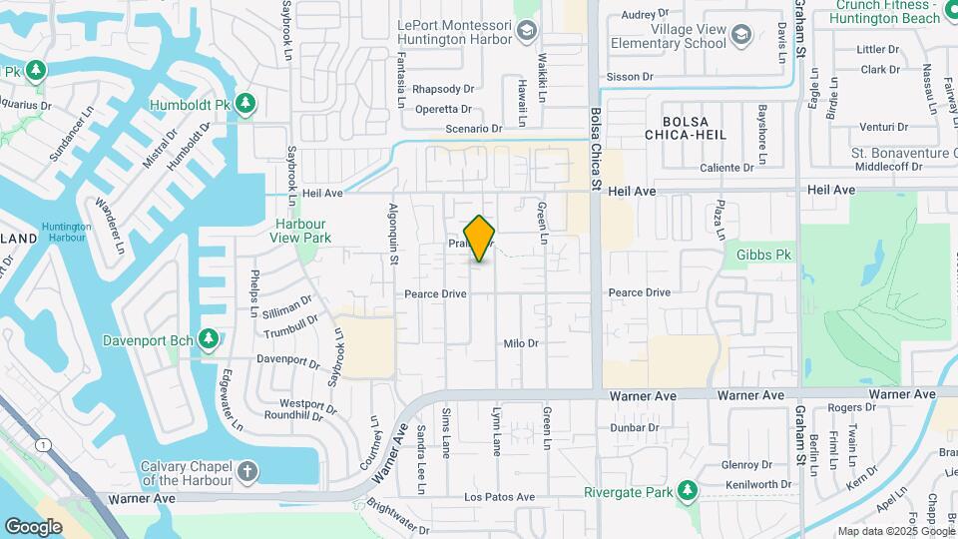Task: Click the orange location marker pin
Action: click(x=480, y=238)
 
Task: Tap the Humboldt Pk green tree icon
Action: click(x=245, y=104)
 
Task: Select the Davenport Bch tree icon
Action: click(x=209, y=340)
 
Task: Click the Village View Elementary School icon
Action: click(x=740, y=37)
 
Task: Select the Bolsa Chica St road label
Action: click(x=597, y=150)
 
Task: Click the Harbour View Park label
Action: click(x=300, y=231)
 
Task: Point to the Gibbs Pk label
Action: click(x=763, y=256)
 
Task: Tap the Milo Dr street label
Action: click(x=521, y=343)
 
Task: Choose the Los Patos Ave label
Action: click(x=494, y=497)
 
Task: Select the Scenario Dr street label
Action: click(x=472, y=129)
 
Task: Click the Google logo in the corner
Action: click(x=33, y=526)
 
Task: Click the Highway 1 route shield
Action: click(x=40, y=442)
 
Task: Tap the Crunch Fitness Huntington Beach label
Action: click(x=887, y=11)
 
